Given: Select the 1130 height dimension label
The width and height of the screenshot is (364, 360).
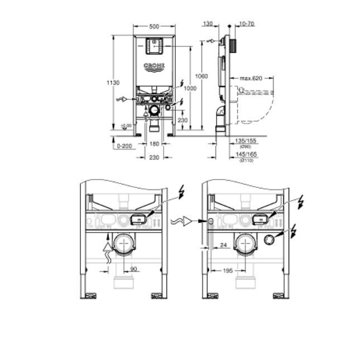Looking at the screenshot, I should coord(113,83).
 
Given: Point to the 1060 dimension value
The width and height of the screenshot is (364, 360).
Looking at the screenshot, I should coord(202,76).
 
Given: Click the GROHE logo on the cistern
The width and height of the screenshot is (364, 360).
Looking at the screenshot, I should coord(154,67).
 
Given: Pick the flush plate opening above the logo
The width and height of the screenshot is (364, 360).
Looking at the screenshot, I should coord(154,46).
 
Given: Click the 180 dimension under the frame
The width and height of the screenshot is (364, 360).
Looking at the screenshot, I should coord(154,144).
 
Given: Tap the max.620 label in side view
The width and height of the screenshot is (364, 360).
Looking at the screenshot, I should coord(251,78).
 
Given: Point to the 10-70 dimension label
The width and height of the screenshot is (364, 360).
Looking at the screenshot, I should coord(246,25).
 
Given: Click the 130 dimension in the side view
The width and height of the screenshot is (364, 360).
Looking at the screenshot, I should coord(208,25).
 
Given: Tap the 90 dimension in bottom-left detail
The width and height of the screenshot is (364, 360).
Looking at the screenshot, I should coord(133,269).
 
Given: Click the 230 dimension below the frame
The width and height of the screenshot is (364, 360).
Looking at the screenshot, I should coord(154,158).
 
